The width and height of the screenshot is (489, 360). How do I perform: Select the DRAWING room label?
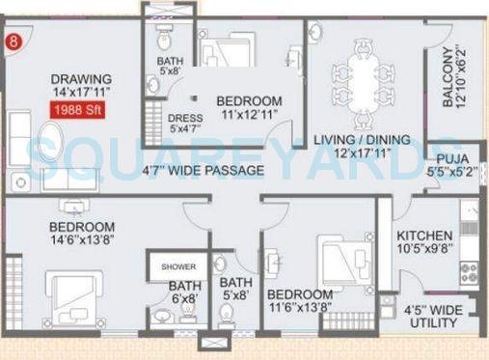tap(81, 79)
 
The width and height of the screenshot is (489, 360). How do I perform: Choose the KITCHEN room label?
tap(424, 235)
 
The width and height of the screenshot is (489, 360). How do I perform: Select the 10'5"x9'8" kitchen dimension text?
tap(424, 250)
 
